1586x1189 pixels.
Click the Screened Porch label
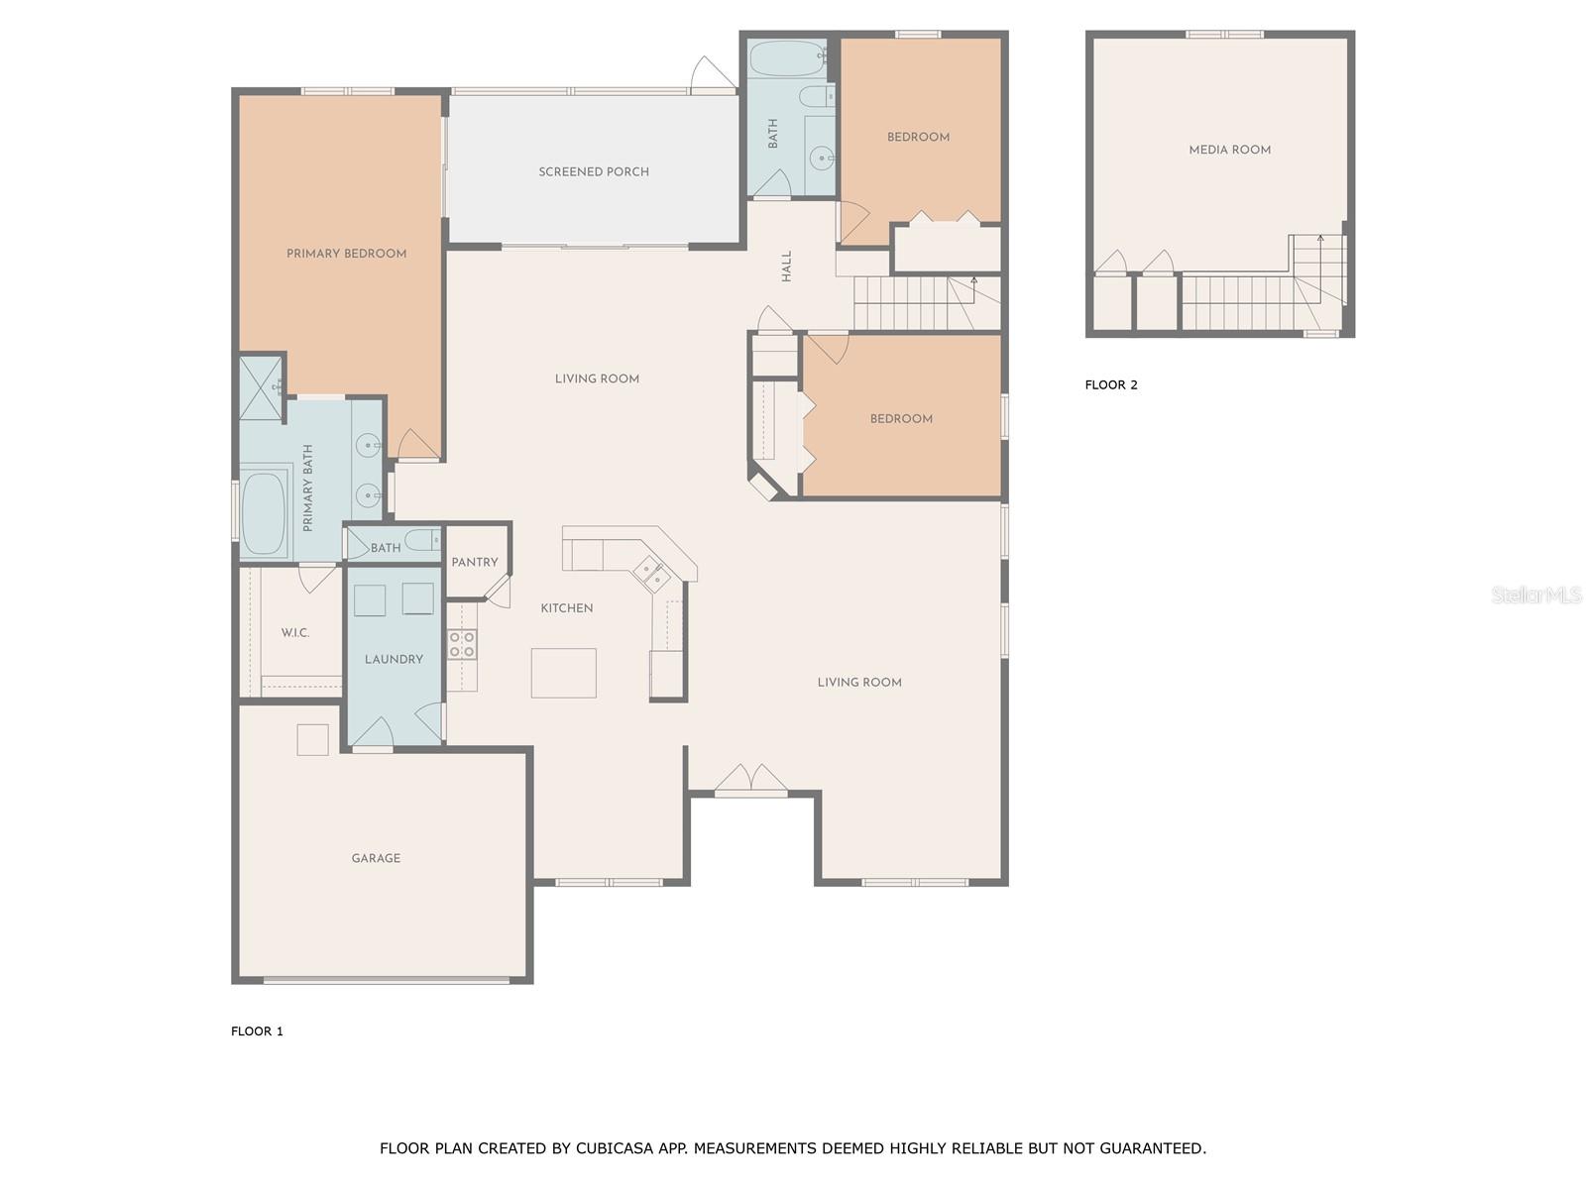point(593,171)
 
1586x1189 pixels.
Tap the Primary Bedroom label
point(346,254)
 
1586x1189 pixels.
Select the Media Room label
point(1229,150)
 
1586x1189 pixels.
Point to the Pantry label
point(474,562)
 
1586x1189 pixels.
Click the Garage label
point(376,858)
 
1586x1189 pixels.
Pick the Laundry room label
point(394,659)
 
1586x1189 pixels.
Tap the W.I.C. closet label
point(295,632)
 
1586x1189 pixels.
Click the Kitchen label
point(566,607)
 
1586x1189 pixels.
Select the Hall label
point(787,266)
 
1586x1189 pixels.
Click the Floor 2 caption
point(1110,384)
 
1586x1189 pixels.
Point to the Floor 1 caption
point(257,1030)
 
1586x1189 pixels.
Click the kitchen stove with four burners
point(462,644)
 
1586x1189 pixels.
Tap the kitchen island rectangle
point(564,673)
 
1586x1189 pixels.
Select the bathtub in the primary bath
point(263,512)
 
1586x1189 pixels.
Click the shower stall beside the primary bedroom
point(261,388)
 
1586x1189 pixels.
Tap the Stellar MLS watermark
point(1536,594)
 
